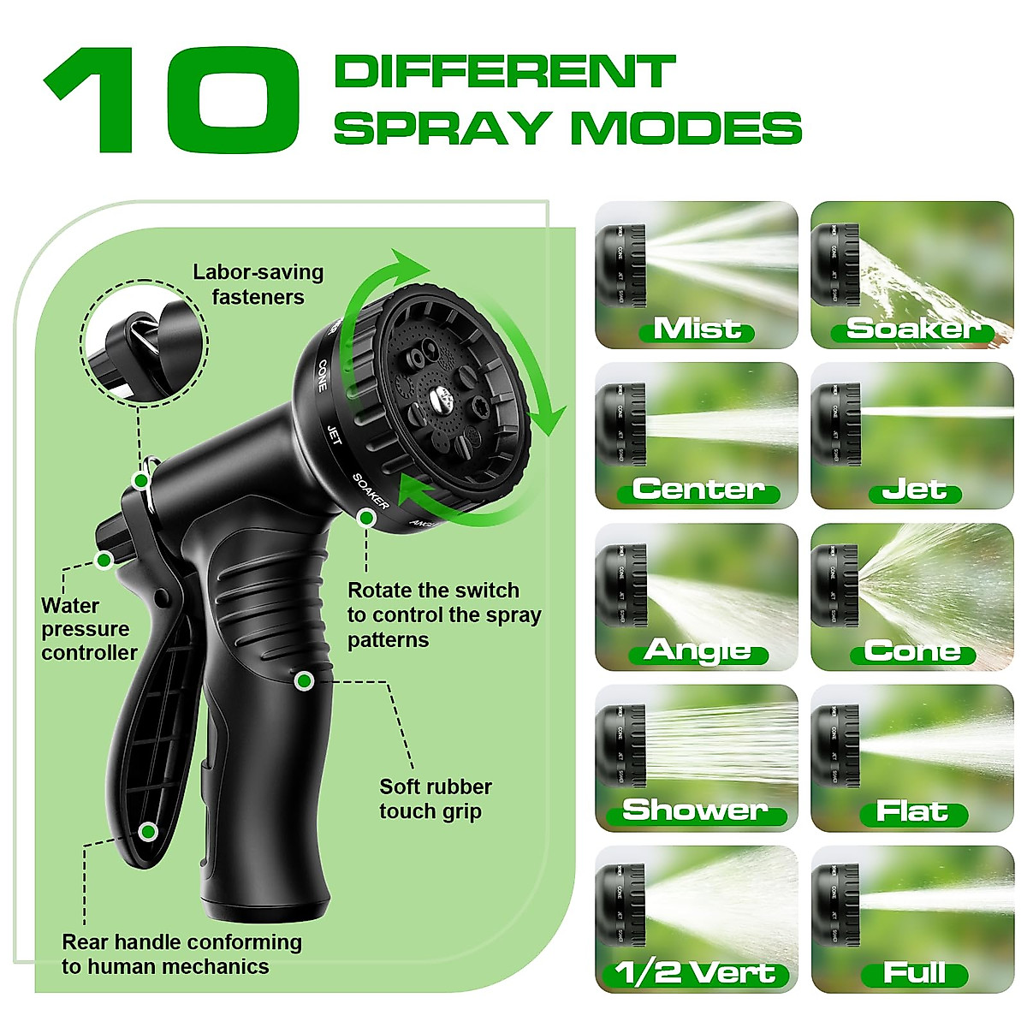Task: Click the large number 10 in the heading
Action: [171, 101]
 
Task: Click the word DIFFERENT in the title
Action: [505, 72]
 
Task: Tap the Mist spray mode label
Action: [697, 329]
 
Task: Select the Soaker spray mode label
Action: [912, 329]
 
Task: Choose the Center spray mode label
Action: [698, 490]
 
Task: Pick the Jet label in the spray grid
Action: [914, 490]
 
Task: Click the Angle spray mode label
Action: [698, 651]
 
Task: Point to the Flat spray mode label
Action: [912, 812]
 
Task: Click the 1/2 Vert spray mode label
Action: [696, 973]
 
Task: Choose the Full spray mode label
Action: [914, 973]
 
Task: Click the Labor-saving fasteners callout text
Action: [258, 285]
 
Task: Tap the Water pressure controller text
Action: [88, 629]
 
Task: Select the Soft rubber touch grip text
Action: [435, 798]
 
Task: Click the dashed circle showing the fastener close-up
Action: [144, 342]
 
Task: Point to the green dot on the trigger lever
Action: [148, 831]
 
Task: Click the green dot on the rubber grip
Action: [303, 681]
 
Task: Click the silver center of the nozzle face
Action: [442, 396]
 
